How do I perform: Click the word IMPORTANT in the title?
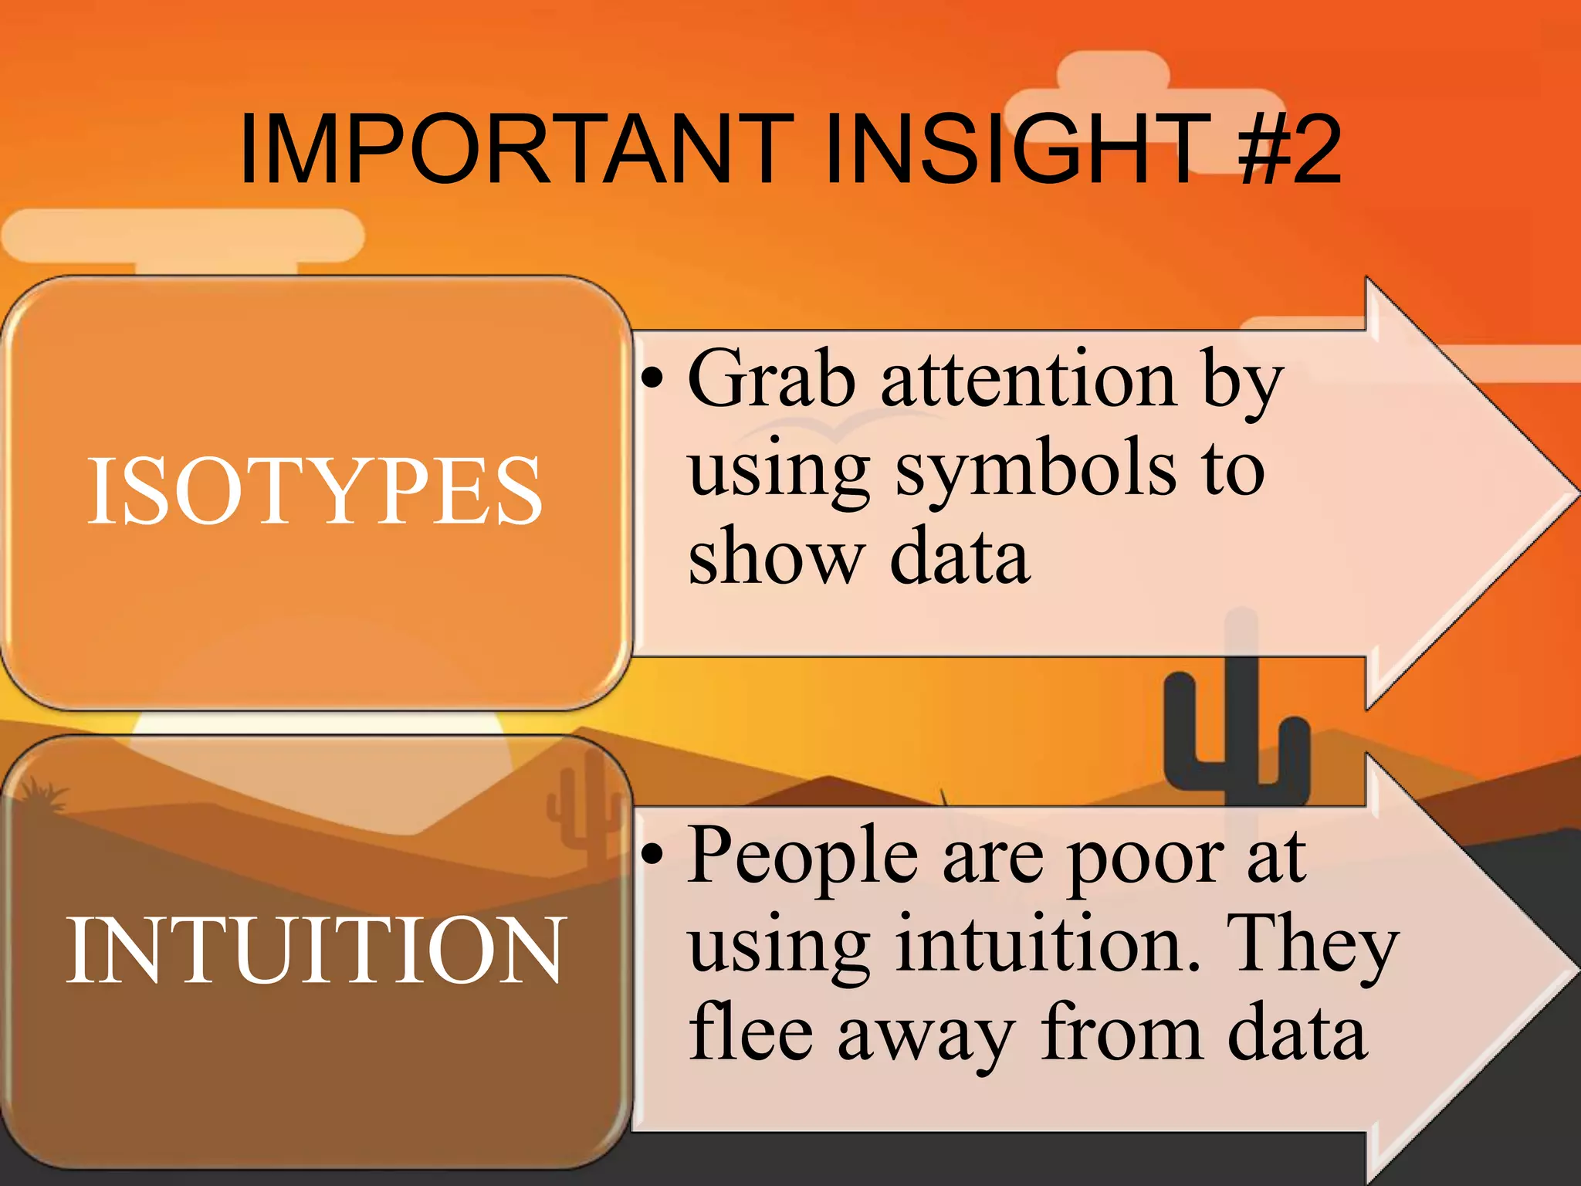[x=516, y=150]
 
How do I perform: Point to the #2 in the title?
[x=1289, y=150]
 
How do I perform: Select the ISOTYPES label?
[x=314, y=492]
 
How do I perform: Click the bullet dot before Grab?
[x=652, y=378]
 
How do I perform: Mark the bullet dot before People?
[x=652, y=854]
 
